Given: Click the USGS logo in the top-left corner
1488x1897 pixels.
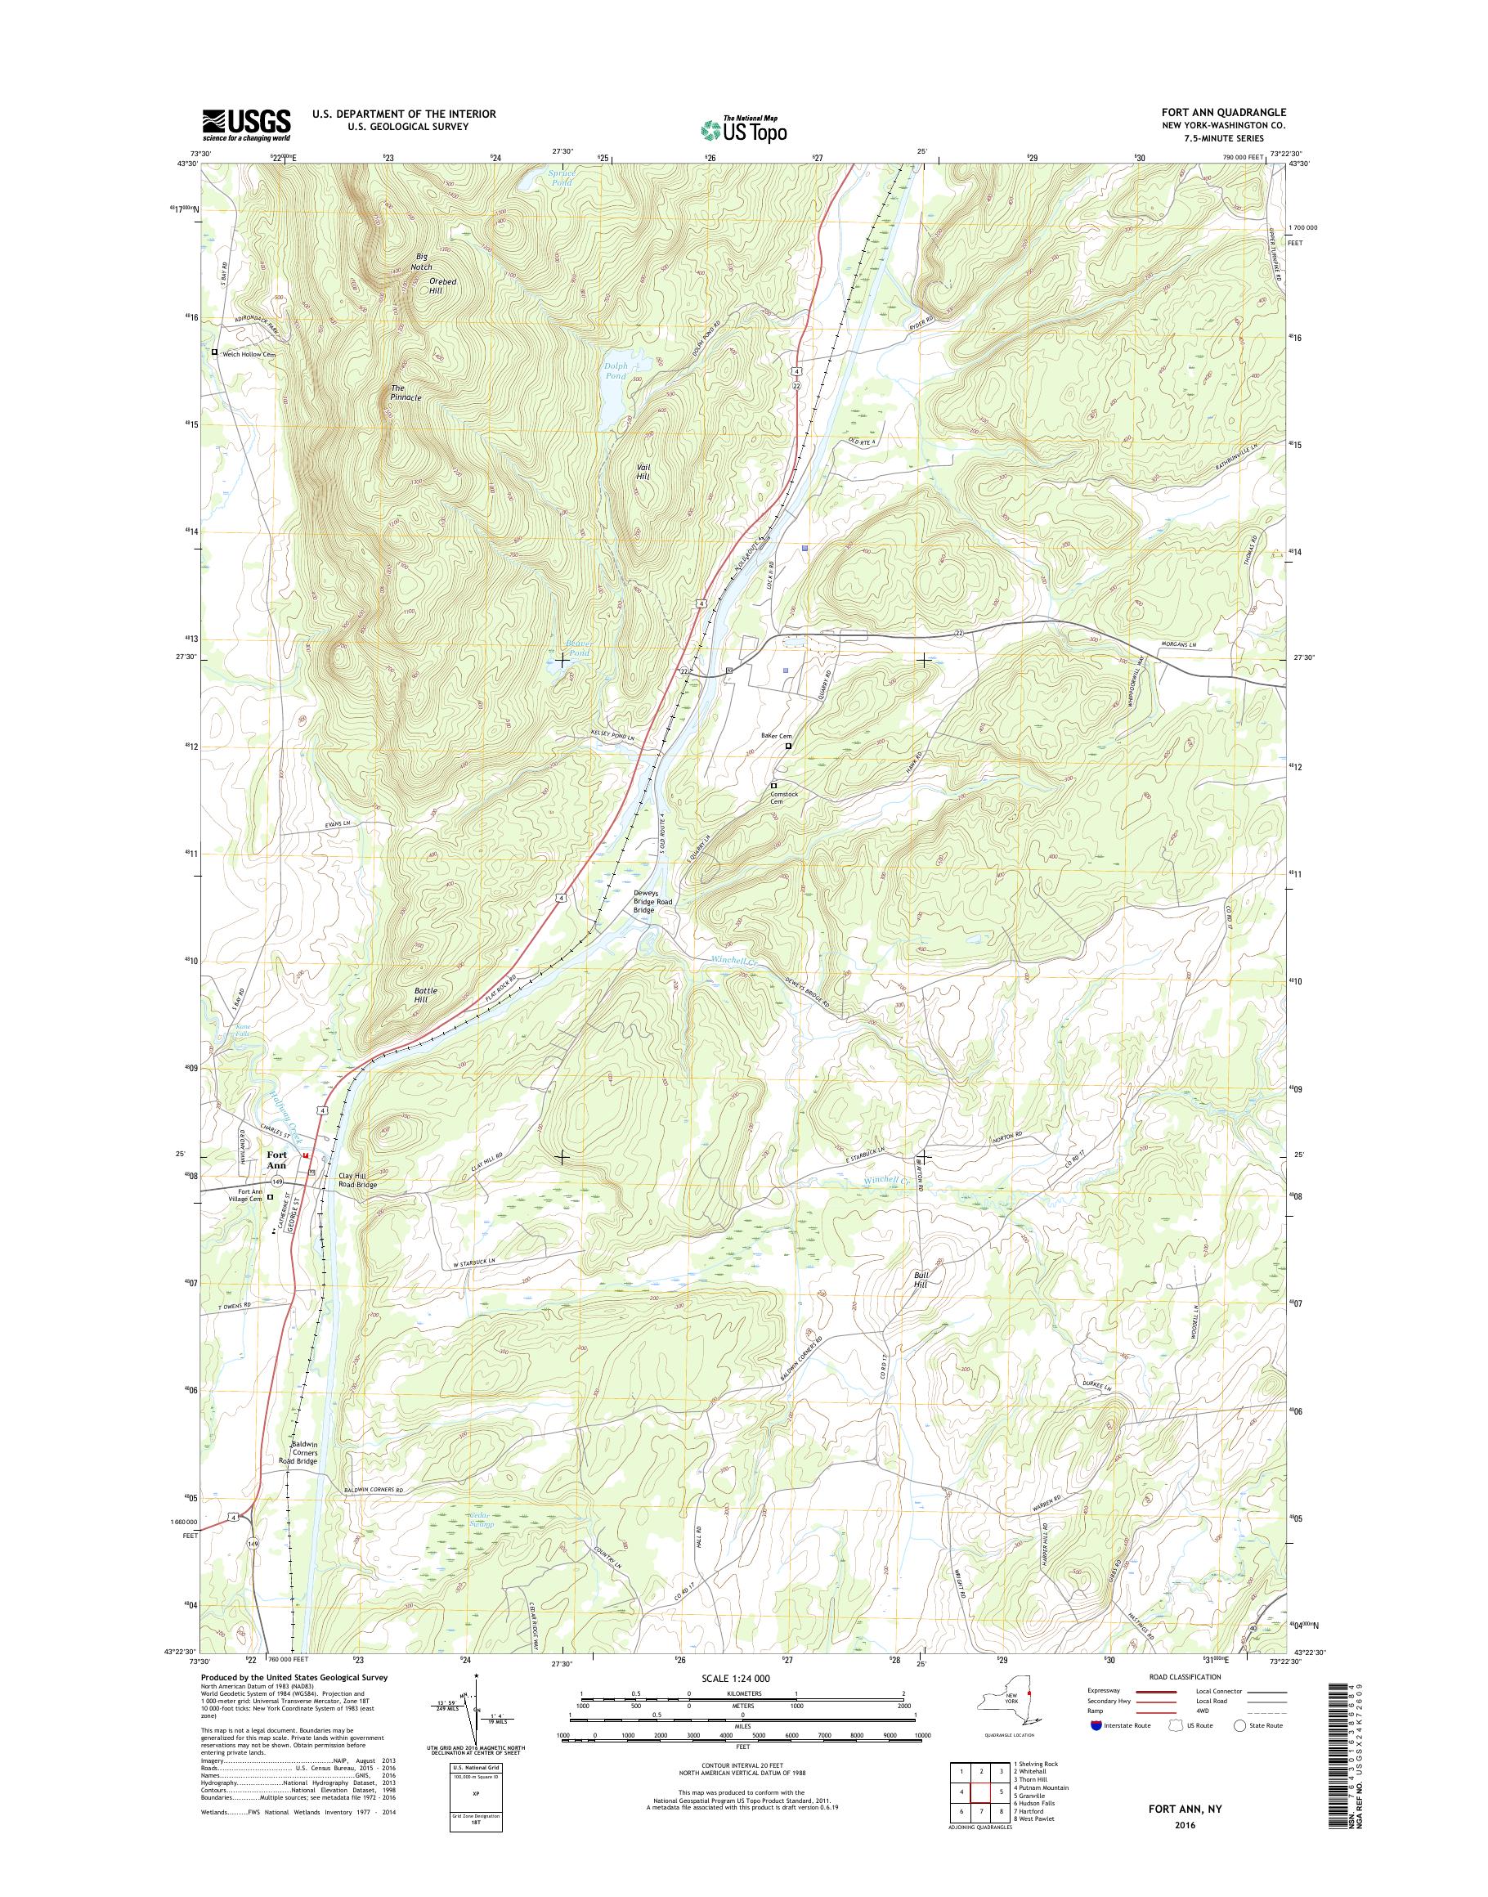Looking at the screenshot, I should coord(247,124).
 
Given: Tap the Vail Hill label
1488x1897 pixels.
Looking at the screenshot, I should coord(643,472).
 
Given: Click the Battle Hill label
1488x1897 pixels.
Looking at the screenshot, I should coord(426,995).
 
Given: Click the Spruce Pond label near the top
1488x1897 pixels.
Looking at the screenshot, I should coord(562,177).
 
